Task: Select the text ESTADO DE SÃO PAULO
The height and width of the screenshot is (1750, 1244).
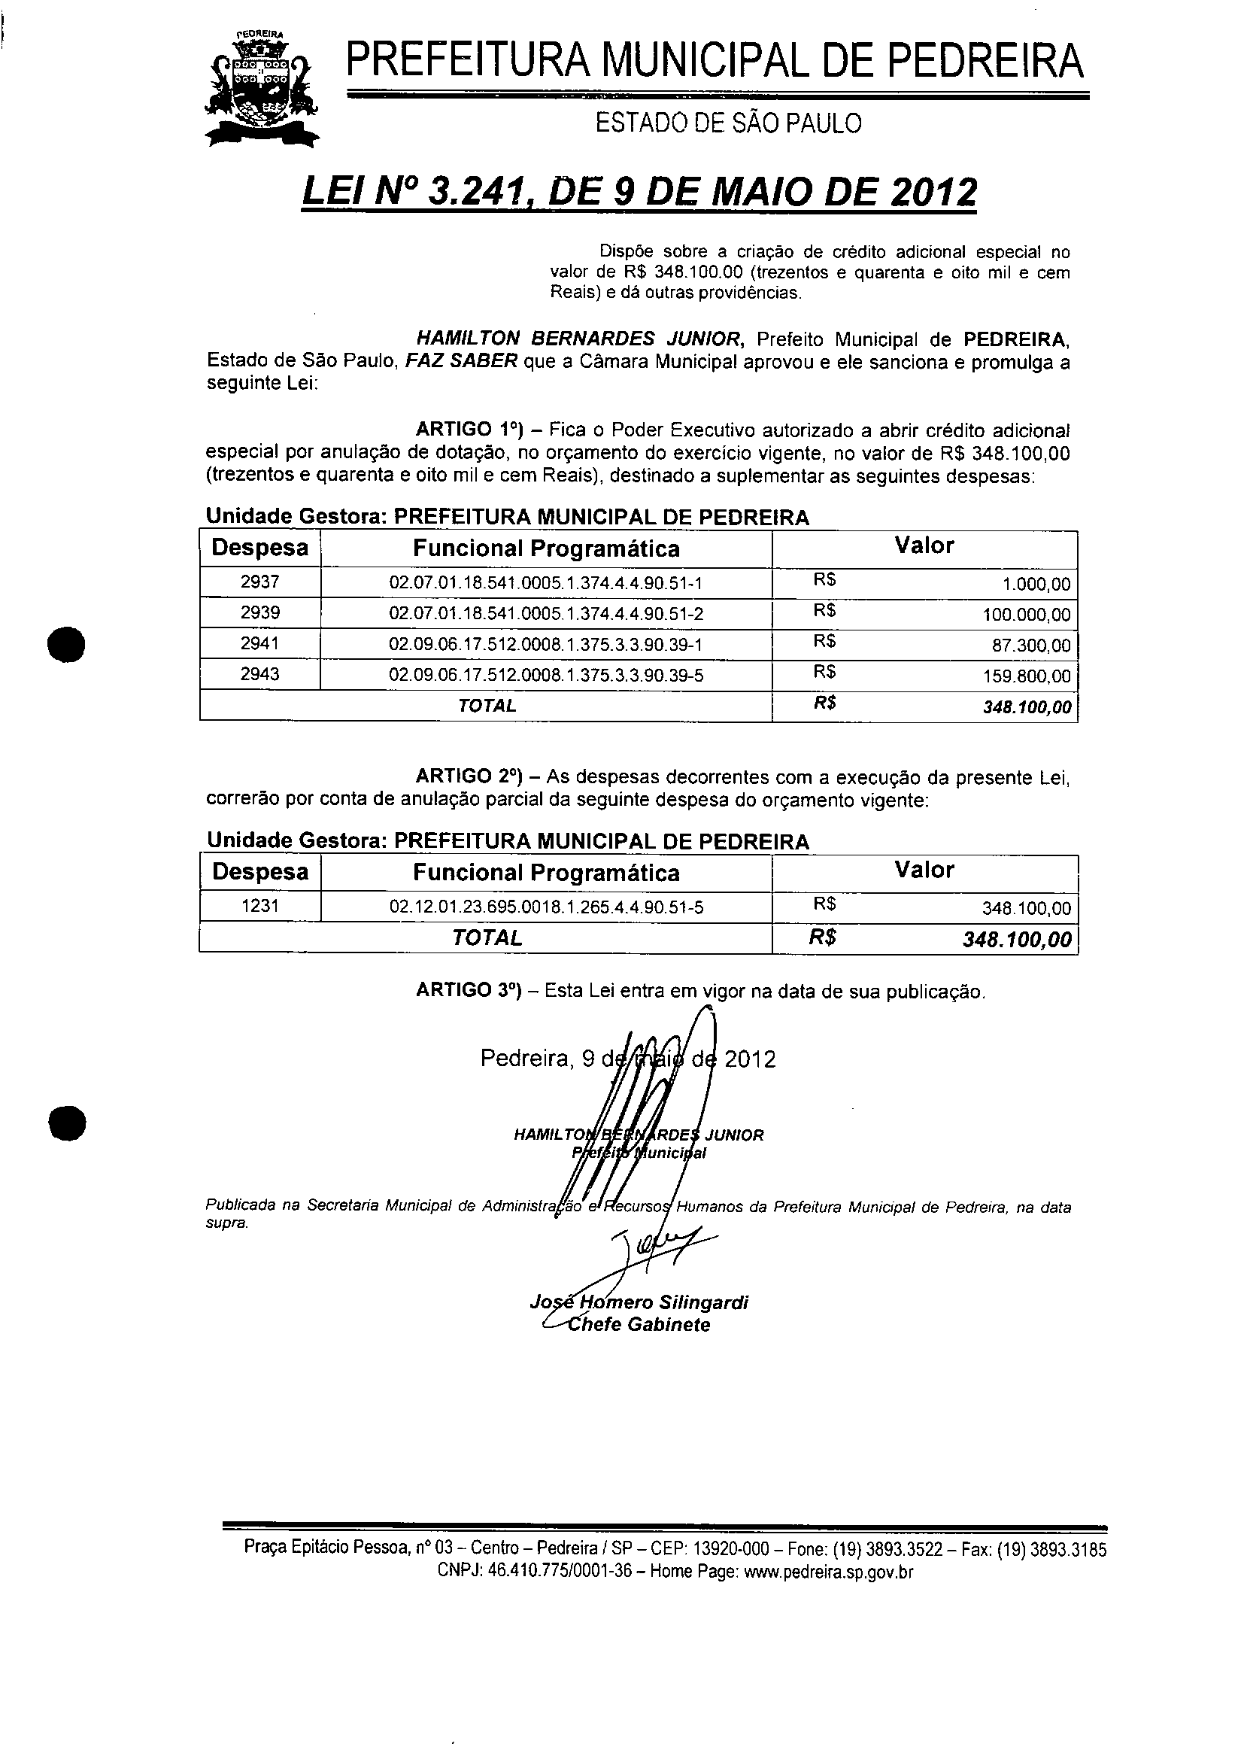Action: point(729,123)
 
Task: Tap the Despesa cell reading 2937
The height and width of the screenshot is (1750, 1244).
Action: point(259,582)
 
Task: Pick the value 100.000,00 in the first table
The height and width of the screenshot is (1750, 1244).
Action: point(1027,615)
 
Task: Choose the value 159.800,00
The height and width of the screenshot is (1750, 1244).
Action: point(1027,676)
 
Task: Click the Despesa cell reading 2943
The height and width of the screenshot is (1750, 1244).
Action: point(259,674)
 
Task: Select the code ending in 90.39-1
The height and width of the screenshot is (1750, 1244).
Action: point(546,644)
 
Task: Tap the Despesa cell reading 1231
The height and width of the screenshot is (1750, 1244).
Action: point(259,907)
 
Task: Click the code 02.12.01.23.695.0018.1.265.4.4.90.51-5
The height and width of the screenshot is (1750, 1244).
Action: point(546,908)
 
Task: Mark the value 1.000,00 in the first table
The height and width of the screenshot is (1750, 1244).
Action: point(1036,585)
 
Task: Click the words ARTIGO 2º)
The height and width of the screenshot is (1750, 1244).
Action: point(468,777)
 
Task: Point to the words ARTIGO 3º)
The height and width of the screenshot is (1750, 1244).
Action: point(468,991)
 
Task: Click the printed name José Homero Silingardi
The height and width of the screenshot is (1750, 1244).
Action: point(639,1302)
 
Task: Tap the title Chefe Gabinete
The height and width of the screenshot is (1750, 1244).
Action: point(637,1325)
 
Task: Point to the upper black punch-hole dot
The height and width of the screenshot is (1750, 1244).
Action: point(66,644)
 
